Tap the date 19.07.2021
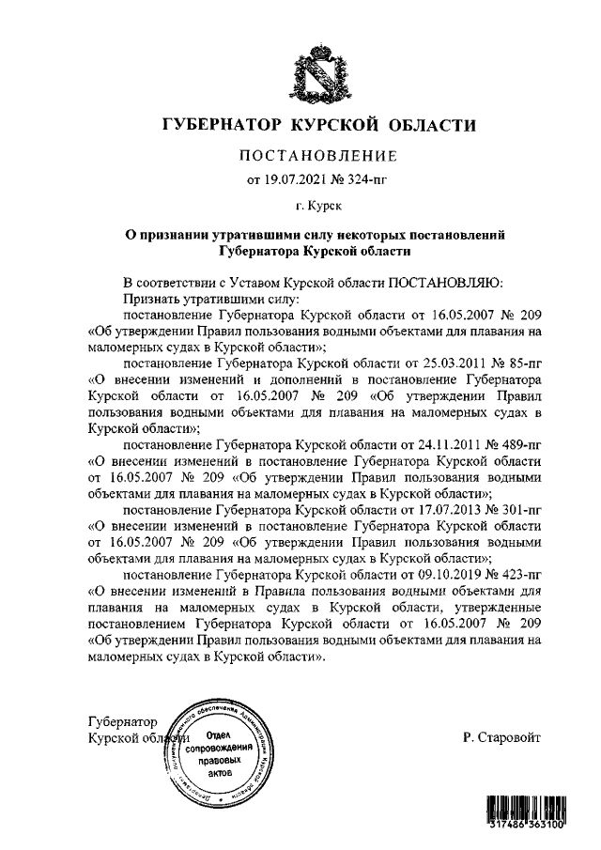point(298,178)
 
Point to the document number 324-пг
point(361,178)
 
